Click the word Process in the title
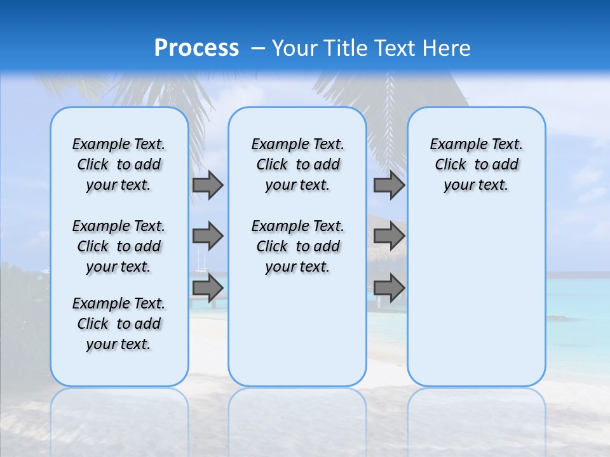(x=196, y=48)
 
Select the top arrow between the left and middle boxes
(x=208, y=185)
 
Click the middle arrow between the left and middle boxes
(x=208, y=236)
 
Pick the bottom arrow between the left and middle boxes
(x=208, y=288)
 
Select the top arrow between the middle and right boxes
(x=389, y=185)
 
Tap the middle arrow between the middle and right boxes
(x=389, y=236)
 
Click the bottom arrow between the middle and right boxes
(x=389, y=288)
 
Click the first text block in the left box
(x=119, y=164)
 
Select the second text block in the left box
(x=119, y=246)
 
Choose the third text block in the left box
(x=119, y=324)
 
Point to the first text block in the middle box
(x=297, y=164)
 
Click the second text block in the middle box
(x=297, y=246)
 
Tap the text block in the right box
(x=476, y=164)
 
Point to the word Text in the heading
(x=395, y=48)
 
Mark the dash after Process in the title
(x=259, y=48)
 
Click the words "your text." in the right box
(x=476, y=185)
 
